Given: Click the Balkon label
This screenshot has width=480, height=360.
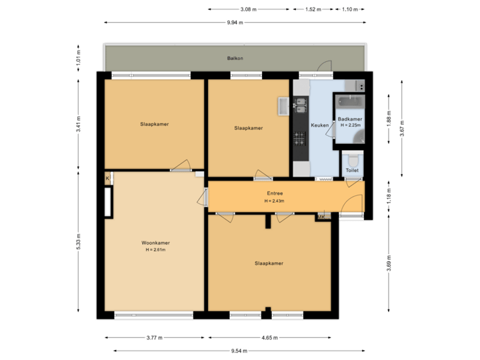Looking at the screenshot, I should tap(235, 59).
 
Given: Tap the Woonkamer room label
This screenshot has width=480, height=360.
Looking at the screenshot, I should tap(155, 243).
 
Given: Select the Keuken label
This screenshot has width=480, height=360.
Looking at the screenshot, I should tap(319, 125).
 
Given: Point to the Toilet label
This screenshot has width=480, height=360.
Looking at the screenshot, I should tap(352, 171).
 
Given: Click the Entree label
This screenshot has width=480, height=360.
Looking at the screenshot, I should tap(274, 193).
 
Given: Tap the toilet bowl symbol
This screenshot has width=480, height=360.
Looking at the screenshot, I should tap(353, 161).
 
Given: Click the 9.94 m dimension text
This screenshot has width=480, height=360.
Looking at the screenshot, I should tap(235, 22).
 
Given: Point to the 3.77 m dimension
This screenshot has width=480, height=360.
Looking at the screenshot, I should tap(154, 337).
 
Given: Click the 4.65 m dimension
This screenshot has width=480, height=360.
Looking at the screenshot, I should tap(269, 337).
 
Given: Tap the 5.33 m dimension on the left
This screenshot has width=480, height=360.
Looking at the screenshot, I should tap(79, 241).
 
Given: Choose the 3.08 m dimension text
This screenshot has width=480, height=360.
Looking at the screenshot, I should tap(249, 9).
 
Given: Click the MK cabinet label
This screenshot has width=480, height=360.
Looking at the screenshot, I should tap(321, 217).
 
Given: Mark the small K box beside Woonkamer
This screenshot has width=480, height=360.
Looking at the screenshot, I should tap(107, 179).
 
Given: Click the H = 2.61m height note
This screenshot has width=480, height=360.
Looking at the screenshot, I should tap(155, 250).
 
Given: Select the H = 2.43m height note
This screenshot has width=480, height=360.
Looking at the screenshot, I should tap(274, 201).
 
